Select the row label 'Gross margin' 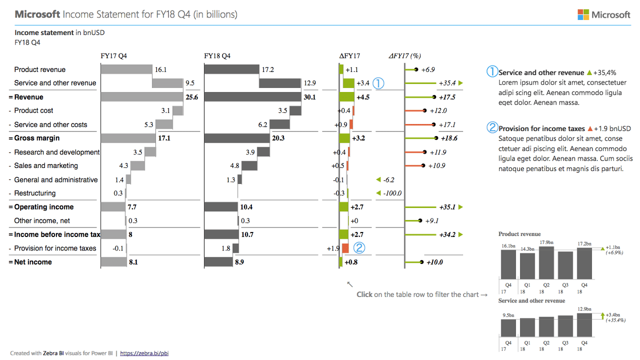click(x=37, y=138)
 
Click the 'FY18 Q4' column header click(x=217, y=56)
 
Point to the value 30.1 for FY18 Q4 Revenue click(x=310, y=97)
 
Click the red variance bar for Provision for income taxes click(x=345, y=248)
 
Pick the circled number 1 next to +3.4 click(x=378, y=83)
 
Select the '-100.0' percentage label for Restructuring click(x=392, y=193)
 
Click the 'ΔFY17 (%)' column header click(x=404, y=56)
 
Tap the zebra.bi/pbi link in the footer click(x=144, y=353)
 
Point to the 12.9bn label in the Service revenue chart click(x=584, y=309)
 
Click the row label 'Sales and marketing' click(x=46, y=165)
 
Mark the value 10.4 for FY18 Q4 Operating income click(x=246, y=207)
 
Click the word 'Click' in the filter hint click(x=364, y=294)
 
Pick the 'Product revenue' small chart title click(x=519, y=234)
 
